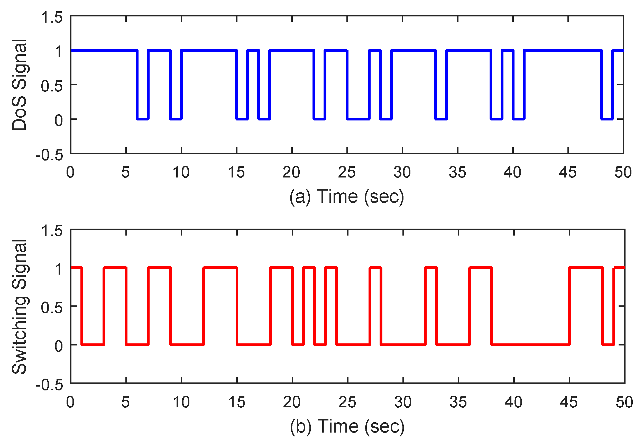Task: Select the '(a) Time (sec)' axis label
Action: coord(347,197)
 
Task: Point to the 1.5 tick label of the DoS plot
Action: coord(52,18)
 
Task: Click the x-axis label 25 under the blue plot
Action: coord(347,172)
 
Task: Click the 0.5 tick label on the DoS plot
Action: coord(52,86)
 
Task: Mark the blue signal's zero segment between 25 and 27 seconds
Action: coord(358,119)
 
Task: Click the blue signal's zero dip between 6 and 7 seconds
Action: coord(142,119)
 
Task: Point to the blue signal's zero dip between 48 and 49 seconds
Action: coord(607,119)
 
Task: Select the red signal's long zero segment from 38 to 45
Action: coord(530,345)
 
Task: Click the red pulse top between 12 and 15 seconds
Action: coord(220,268)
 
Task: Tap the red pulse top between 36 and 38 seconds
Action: coord(481,268)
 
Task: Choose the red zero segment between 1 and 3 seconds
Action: coord(93,345)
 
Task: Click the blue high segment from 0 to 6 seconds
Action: coord(104,50)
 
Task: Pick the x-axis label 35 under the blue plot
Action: coord(457,172)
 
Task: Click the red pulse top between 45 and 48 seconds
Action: coord(586,268)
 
